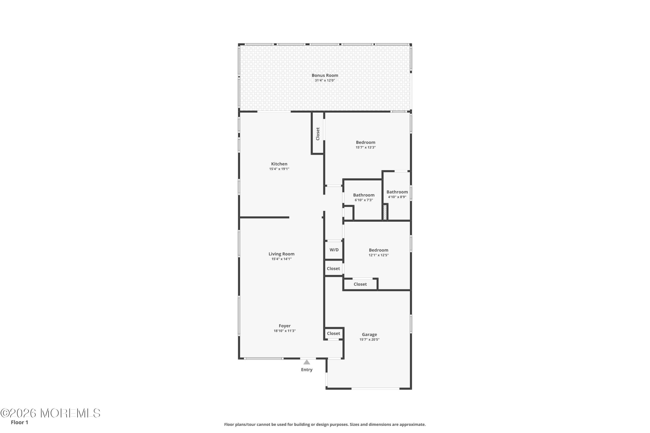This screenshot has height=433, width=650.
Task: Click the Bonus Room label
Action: click(325, 75)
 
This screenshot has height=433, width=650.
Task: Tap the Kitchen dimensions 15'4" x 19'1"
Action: click(279, 169)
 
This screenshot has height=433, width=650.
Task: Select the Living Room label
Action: click(281, 254)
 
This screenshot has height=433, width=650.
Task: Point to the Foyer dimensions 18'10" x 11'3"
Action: click(285, 331)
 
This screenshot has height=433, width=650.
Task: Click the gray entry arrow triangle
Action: click(306, 362)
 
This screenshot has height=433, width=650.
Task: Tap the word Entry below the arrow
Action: click(306, 370)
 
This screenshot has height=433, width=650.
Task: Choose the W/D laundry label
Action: click(334, 250)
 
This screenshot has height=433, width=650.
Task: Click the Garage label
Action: click(369, 335)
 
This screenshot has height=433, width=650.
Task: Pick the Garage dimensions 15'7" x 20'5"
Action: click(369, 340)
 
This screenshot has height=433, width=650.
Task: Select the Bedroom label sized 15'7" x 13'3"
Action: click(365, 143)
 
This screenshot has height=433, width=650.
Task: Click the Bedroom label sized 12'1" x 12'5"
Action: click(378, 250)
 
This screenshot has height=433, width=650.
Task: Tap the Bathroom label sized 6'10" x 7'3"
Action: click(364, 195)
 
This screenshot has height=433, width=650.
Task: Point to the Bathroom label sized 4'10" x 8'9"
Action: click(397, 192)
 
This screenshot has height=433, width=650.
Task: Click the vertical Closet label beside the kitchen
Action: click(318, 134)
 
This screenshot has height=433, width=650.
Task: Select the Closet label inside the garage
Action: click(333, 333)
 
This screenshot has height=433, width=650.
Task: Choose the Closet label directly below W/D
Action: click(333, 268)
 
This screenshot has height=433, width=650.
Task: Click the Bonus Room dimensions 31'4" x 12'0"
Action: click(325, 80)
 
